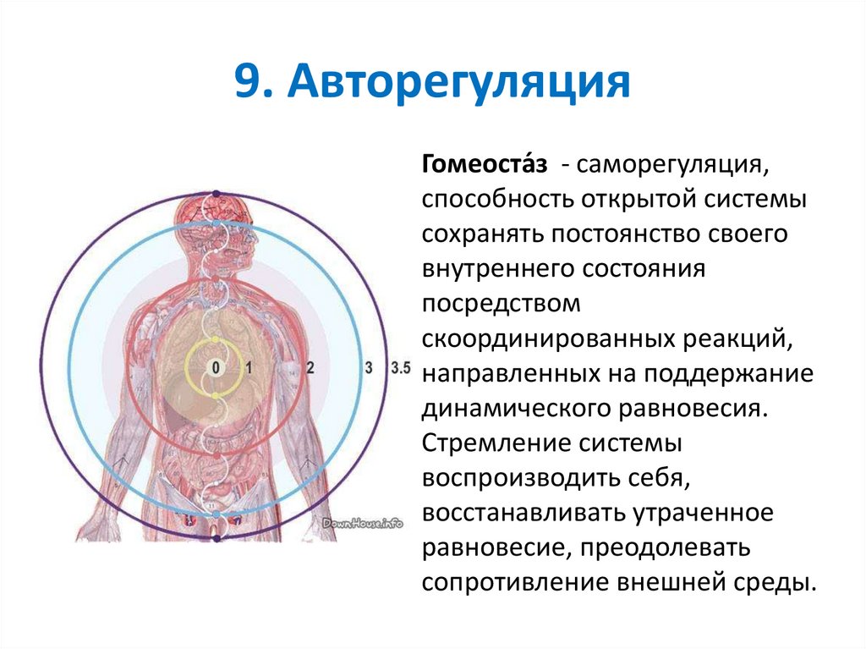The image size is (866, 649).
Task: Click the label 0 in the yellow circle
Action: (216, 367)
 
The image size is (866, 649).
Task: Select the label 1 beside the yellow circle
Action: (249, 367)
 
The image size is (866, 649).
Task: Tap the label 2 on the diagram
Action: (310, 367)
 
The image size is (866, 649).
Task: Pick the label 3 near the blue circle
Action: (368, 367)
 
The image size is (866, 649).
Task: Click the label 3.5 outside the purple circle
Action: (401, 367)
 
